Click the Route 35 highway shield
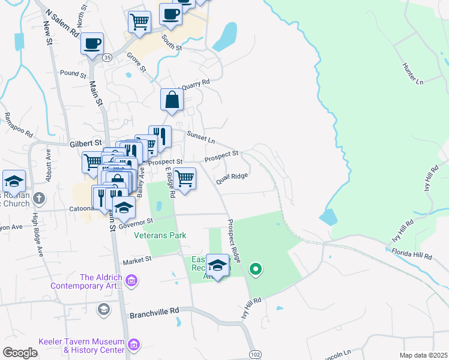coord(107,57)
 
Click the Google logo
coord(20,353)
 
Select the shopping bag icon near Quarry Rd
coord(172,100)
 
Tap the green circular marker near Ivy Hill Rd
coord(256,269)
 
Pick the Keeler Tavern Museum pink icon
coord(134,345)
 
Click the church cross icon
coord(39,197)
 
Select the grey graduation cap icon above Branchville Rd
coord(103,309)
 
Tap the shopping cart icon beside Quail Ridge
coord(185,178)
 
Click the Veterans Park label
coord(160,236)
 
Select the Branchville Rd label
coord(154,312)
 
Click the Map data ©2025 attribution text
coord(423,355)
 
